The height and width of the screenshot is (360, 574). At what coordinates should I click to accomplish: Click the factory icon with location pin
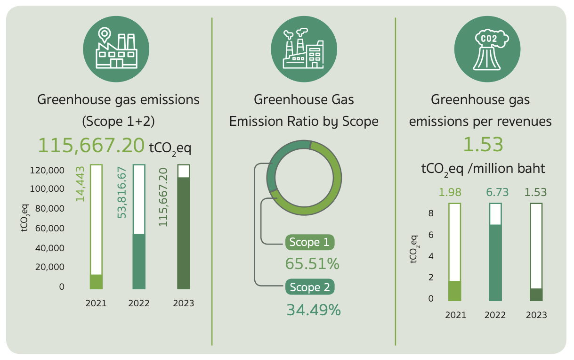[x=116, y=49]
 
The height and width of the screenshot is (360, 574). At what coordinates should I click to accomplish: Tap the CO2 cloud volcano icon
[x=487, y=49]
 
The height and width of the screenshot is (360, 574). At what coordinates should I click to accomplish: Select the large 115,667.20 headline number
[x=91, y=146]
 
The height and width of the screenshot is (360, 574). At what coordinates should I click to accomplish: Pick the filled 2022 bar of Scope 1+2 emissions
[x=139, y=261]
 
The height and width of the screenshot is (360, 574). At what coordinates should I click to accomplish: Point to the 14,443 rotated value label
[x=81, y=184]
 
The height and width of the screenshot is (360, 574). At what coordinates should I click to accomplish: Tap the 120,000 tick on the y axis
[x=47, y=170]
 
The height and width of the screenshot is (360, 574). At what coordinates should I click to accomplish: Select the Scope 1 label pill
[x=309, y=242]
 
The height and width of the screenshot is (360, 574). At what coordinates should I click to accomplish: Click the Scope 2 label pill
[x=309, y=287]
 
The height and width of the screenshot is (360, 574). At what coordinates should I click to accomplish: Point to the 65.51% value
[x=312, y=264]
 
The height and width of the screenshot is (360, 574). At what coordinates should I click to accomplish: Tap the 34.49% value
[x=314, y=310]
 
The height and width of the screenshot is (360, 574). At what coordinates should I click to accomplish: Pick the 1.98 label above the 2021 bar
[x=450, y=192]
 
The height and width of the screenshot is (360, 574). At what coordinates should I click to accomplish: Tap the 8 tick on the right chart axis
[x=430, y=213]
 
